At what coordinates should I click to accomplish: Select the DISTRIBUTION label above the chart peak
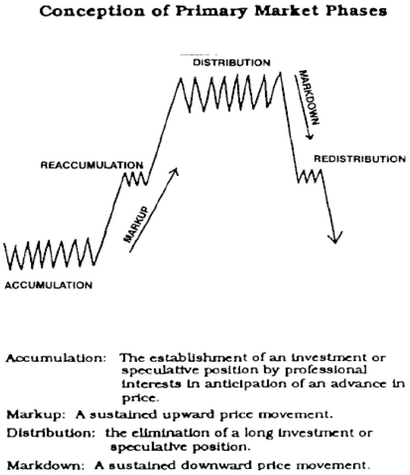click(x=232, y=63)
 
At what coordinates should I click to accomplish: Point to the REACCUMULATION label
click(x=92, y=165)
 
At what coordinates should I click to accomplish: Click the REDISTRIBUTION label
click(x=359, y=159)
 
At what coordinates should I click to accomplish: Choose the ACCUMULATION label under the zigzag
click(x=48, y=285)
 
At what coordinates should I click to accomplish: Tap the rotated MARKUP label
click(x=137, y=224)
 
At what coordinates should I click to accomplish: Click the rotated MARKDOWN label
click(x=309, y=97)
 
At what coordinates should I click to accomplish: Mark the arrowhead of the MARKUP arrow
click(x=174, y=171)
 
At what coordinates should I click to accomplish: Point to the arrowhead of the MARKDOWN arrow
click(x=309, y=136)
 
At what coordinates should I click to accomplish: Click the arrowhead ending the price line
click(x=335, y=238)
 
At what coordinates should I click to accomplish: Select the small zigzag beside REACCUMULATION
click(x=134, y=179)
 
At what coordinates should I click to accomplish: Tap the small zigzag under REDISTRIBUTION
click(x=309, y=176)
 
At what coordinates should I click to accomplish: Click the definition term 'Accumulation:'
click(x=56, y=358)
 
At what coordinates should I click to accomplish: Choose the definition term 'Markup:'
click(x=35, y=415)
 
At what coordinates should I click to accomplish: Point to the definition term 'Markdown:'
click(x=45, y=465)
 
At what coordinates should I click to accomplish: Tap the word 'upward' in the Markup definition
click(x=188, y=415)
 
